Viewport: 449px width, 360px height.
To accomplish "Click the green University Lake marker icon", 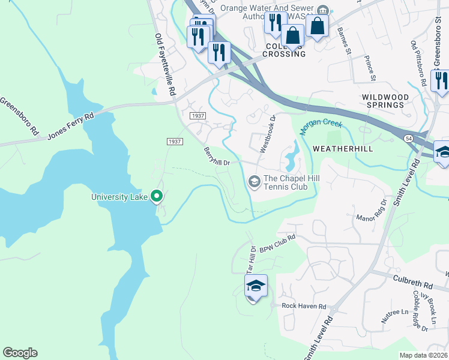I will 157,196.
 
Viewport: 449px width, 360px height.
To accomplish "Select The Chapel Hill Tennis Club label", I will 286,182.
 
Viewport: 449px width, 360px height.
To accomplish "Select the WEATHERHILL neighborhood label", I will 342,148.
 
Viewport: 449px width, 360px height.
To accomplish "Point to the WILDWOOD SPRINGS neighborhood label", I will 385,101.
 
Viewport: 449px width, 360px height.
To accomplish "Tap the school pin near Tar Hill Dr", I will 256,287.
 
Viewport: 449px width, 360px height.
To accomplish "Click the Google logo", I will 20,353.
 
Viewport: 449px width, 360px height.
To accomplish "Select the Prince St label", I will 370,68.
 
